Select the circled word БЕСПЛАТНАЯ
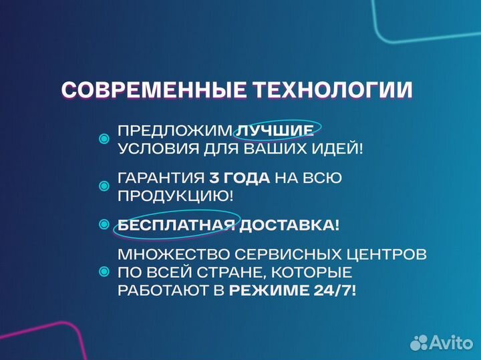click(x=176, y=226)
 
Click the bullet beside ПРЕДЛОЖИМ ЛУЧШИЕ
click(x=104, y=139)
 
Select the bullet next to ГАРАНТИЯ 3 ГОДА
click(x=104, y=187)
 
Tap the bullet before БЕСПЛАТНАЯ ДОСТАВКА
click(x=104, y=225)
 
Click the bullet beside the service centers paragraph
click(x=104, y=273)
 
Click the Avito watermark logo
click(x=441, y=342)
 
